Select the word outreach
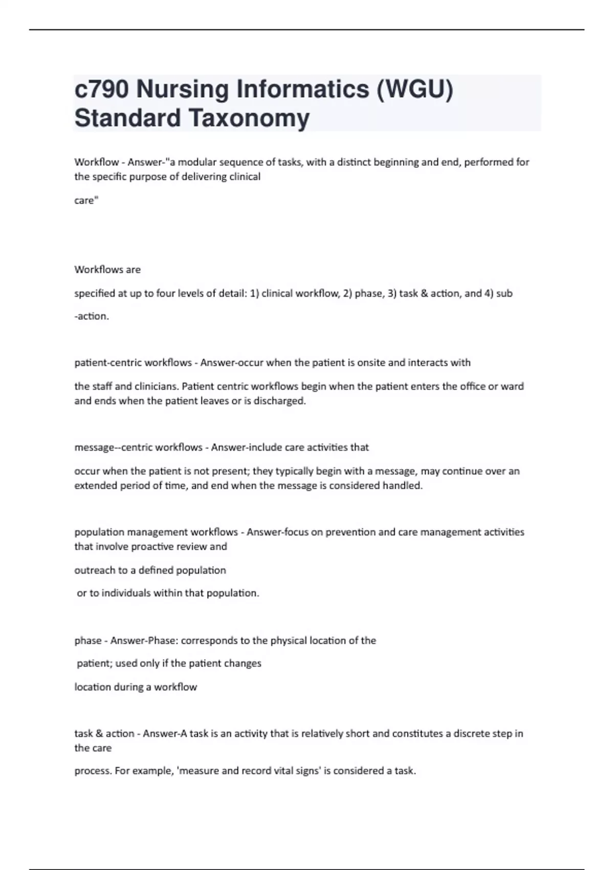tap(94, 571)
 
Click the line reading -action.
tap(92, 317)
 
